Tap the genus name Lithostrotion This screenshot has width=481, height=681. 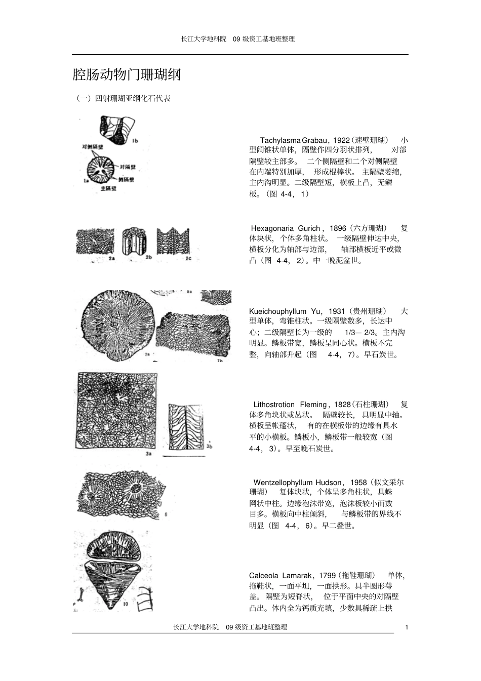tap(273, 405)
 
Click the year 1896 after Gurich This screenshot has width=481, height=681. tap(338, 228)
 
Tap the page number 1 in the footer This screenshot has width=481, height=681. tap(407, 627)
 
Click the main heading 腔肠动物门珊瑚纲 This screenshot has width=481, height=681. tap(127, 75)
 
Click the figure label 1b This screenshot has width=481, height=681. tap(135, 141)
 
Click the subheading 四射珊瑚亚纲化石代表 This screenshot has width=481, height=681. tap(123, 98)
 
